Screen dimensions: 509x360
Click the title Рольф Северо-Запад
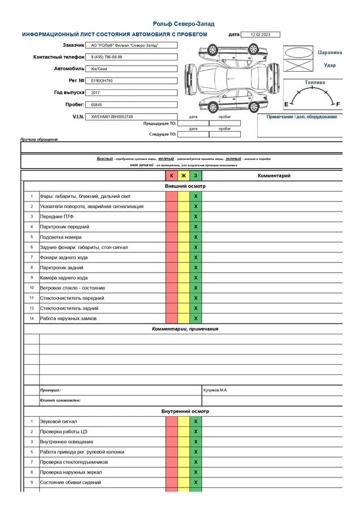[184, 24]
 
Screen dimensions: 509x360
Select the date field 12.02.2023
[260, 34]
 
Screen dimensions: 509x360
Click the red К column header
[172, 176]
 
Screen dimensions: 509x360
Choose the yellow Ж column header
[184, 176]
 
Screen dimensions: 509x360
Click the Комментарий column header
[274, 176]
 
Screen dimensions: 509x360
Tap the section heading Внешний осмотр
[185, 186]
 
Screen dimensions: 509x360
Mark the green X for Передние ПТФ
[196, 217]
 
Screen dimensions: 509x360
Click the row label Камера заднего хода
[64, 278]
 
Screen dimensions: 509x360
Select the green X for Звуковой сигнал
[196, 421]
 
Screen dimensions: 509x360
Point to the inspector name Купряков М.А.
[215, 390]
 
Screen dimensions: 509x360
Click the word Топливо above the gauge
[315, 83]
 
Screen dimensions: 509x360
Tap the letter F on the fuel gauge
[338, 105]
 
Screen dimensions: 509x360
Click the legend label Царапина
[329, 52]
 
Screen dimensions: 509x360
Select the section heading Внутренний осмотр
[185, 411]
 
